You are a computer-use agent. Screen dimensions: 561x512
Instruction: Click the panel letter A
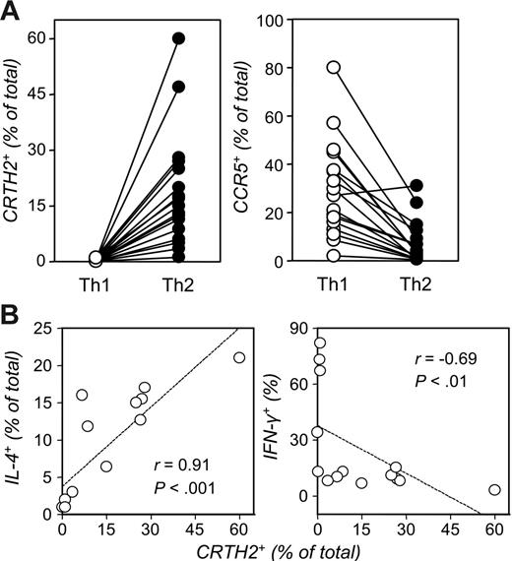click(15, 12)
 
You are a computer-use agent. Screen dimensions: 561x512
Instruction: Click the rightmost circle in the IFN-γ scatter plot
click(494, 489)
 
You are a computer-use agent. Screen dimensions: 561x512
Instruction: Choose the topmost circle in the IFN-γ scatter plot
click(320, 343)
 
